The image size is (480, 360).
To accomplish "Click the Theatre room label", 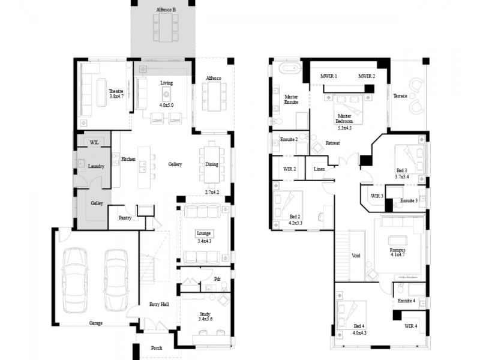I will [x=116, y=91].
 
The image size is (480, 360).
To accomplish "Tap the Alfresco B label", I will [x=166, y=10].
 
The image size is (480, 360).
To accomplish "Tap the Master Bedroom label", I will [x=344, y=118].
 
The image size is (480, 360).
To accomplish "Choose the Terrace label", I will [x=400, y=96].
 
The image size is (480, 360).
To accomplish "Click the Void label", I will [x=356, y=256].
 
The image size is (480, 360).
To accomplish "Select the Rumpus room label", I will [x=397, y=250].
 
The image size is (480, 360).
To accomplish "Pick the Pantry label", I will [x=125, y=218].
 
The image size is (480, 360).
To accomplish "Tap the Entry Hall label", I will [x=159, y=305].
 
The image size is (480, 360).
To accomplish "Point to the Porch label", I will [x=157, y=348].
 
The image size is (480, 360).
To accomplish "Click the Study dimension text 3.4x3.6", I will [x=206, y=319].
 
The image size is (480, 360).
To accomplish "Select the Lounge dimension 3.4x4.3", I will [x=204, y=241].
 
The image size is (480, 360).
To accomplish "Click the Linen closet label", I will [x=319, y=169].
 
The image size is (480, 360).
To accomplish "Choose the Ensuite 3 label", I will [x=409, y=200].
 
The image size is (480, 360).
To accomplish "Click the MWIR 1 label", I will [x=329, y=76].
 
